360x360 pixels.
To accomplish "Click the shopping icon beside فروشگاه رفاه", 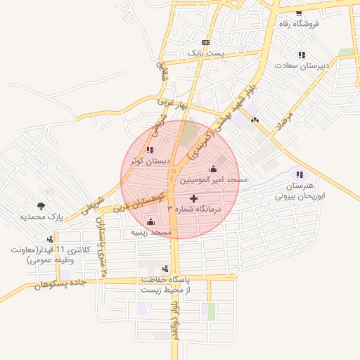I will (x=300, y=14).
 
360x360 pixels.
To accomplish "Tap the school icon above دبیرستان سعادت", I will (x=302, y=55).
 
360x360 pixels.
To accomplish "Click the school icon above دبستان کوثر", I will (x=150, y=150).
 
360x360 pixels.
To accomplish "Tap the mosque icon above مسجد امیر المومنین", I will (x=214, y=169).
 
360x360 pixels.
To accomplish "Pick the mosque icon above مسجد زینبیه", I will (x=150, y=221).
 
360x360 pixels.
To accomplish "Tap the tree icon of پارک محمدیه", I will (x=41, y=207).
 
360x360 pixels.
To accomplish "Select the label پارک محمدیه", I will (x=41, y=217).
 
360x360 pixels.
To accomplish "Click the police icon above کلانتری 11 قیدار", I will (x=49, y=240).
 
